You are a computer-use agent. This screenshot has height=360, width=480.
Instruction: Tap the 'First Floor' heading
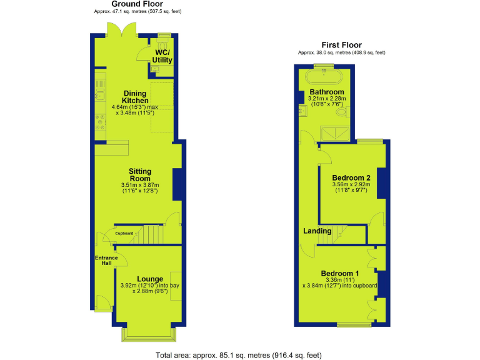[x=341, y=45]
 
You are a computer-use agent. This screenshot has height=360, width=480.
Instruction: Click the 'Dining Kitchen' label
[x=135, y=97]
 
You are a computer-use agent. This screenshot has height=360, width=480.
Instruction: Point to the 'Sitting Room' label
[x=140, y=175]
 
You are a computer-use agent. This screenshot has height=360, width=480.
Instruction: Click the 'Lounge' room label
[x=150, y=279]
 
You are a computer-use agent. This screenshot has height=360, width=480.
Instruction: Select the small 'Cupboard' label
[x=124, y=233]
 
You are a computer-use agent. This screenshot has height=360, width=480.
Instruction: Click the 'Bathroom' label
[x=327, y=92]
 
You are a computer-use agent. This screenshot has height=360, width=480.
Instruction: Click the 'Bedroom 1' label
[x=340, y=273]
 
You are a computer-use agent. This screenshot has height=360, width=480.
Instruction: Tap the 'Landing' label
[x=317, y=231]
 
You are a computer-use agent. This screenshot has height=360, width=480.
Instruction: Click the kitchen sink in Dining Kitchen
[x=99, y=95]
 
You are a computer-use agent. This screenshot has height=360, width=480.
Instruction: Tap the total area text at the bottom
[x=239, y=354]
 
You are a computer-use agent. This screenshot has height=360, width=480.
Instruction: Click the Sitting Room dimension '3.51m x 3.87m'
[x=140, y=185]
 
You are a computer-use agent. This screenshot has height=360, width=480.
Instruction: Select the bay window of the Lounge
[x=149, y=336]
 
